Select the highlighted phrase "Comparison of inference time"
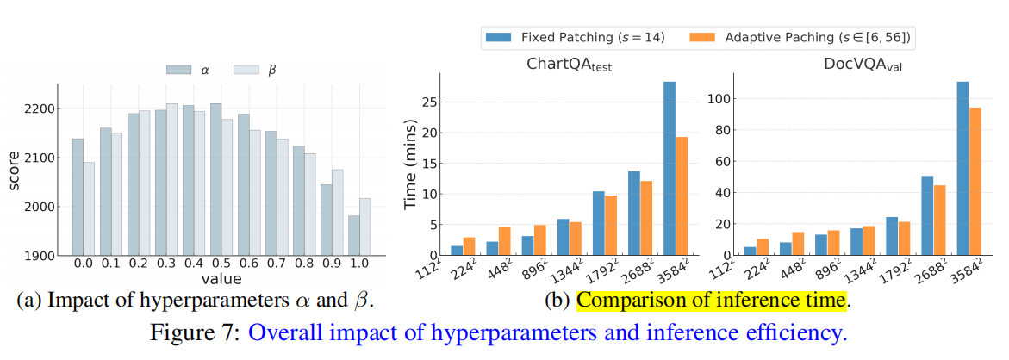tap(713, 301)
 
